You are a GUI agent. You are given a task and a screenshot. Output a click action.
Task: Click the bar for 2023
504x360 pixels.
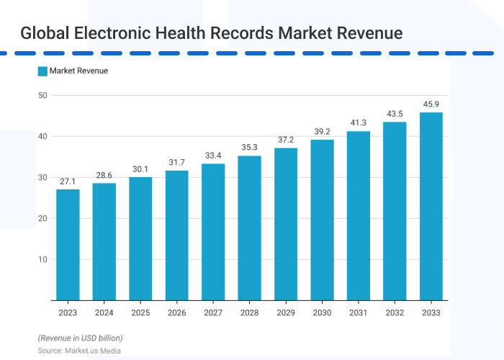point(68,245)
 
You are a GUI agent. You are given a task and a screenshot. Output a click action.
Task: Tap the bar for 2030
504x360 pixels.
point(322,220)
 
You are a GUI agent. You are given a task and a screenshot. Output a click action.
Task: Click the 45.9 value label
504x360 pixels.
point(431,104)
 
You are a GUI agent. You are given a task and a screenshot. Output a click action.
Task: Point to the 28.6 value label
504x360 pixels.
point(104,175)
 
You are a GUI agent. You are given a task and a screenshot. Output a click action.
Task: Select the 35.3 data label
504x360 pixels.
point(249,148)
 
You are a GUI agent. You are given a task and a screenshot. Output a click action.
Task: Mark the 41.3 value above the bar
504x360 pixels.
point(358,123)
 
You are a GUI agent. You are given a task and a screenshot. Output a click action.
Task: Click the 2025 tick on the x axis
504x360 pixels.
point(140,312)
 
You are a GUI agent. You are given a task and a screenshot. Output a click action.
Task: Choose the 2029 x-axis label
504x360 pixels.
point(285,312)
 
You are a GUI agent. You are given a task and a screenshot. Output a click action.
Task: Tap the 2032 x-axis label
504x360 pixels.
point(394,312)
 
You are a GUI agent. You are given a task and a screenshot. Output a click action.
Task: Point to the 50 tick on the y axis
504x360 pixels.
point(42,96)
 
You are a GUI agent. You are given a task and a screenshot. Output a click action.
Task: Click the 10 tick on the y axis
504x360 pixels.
point(42,260)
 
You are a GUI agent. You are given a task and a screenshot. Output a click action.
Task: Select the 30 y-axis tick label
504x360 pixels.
point(42,178)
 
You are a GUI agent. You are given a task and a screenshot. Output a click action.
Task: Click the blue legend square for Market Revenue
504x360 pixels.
point(42,71)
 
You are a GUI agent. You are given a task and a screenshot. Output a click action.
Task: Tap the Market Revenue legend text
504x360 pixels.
point(78,71)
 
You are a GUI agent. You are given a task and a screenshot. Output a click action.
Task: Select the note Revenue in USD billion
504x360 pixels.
point(80,338)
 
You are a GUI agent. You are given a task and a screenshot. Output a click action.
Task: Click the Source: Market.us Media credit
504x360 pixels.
point(79,351)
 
